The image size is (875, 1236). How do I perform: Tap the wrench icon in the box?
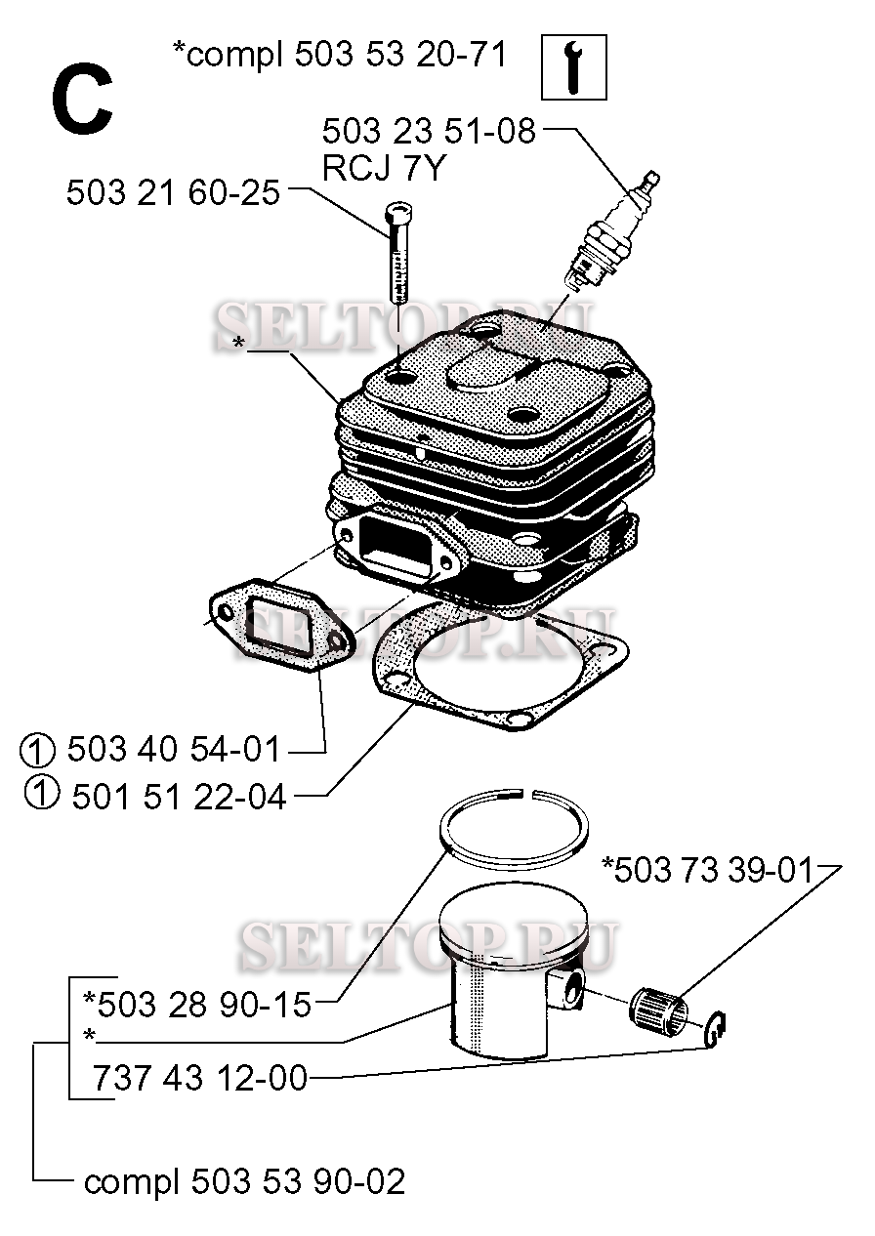click(574, 67)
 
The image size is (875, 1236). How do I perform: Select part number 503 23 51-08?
click(429, 132)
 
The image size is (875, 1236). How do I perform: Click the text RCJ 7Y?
click(383, 168)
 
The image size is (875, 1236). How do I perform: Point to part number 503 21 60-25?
click(174, 193)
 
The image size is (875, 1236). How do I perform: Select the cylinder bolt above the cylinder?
click(399, 253)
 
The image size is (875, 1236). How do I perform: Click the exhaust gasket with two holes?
click(280, 628)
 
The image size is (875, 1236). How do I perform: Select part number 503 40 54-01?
click(174, 751)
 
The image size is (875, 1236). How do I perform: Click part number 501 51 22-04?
click(180, 798)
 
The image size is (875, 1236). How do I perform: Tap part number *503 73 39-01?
click(708, 870)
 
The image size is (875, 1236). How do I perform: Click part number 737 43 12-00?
click(200, 1077)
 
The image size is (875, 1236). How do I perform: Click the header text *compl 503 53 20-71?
click(340, 55)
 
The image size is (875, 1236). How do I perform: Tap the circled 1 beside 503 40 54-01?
click(37, 751)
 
